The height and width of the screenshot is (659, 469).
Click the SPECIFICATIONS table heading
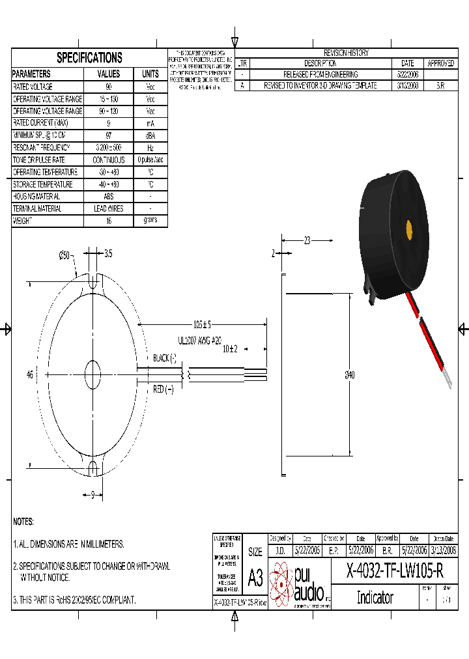pos(89,58)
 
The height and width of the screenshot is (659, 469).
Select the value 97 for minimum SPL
pos(109,135)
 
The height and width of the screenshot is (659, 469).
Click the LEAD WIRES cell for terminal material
pos(109,209)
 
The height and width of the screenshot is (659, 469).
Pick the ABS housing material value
pos(109,197)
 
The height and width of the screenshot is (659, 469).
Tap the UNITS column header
pos(150,74)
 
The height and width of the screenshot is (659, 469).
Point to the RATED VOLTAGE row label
pos(33,87)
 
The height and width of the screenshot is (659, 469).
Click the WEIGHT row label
pos(23,221)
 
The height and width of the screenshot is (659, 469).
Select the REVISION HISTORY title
pos(346,53)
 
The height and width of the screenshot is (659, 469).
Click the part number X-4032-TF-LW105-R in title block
pos(395,572)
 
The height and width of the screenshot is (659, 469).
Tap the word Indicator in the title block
pos(375,597)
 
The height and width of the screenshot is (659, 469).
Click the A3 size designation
pos(255,578)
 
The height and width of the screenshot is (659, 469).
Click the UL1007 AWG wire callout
pos(199,340)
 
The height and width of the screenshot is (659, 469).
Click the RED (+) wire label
pos(163,389)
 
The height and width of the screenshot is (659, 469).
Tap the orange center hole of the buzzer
pos(409,230)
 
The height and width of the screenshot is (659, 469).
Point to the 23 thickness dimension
pos(307,240)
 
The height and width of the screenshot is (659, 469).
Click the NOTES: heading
pos(23,522)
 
